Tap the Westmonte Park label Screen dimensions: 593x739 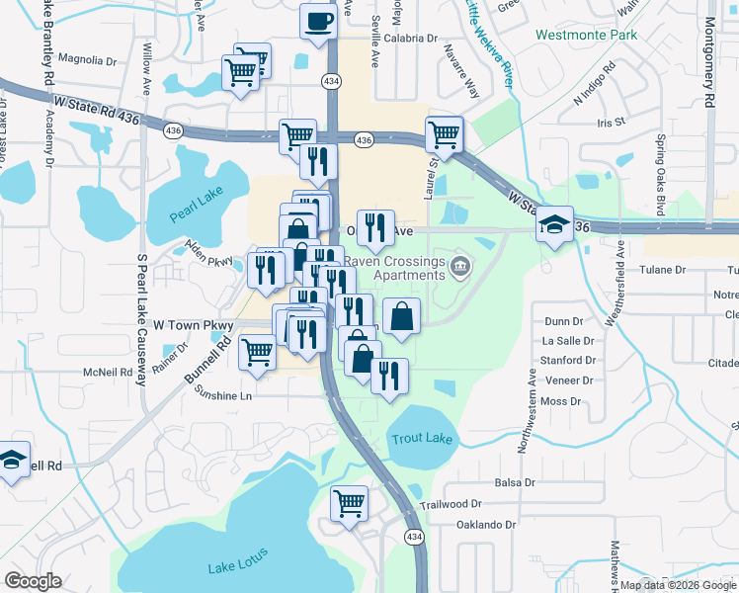pos(586,35)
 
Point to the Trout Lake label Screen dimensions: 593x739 pos(418,438)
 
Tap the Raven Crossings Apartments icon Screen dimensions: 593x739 pos(460,267)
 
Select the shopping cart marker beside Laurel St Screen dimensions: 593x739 pos(445,133)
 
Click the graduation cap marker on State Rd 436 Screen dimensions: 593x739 pos(554,224)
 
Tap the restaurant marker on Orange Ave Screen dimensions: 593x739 pos(374,227)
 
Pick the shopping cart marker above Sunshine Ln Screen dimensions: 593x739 pos(258,351)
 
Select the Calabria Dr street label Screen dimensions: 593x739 pos(410,39)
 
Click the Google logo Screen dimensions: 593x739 pos(33,581)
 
